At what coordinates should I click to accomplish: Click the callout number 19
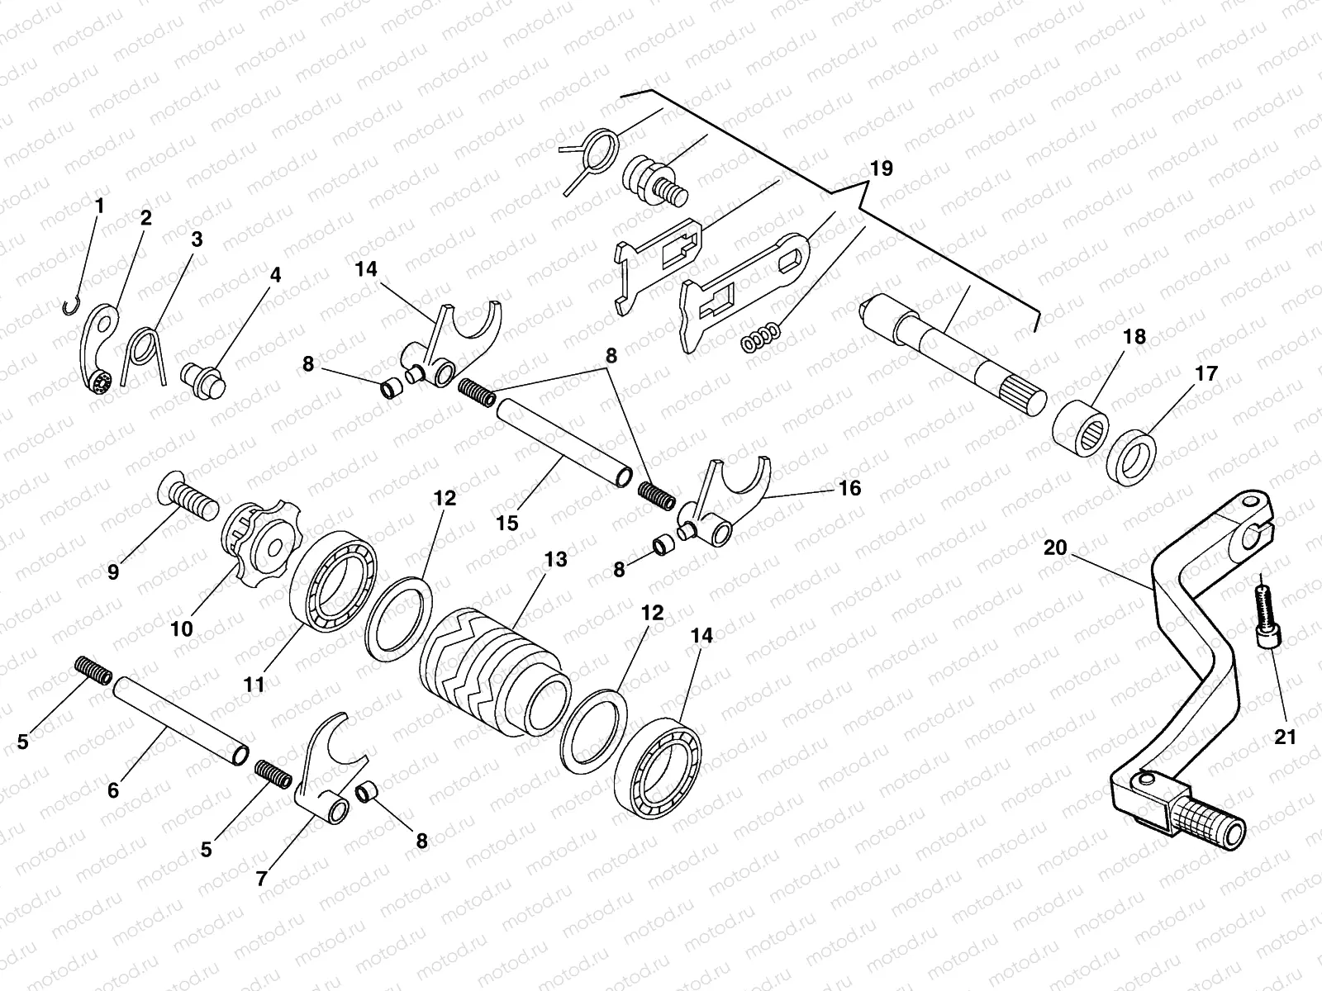(x=881, y=168)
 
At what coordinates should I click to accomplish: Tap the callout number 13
(x=555, y=560)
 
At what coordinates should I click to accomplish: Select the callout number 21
(x=1285, y=737)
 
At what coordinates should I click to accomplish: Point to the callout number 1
(x=100, y=206)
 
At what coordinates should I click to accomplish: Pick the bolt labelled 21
(x=1264, y=615)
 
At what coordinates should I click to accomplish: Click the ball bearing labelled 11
(x=332, y=583)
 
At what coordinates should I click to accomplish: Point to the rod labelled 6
(x=180, y=719)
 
